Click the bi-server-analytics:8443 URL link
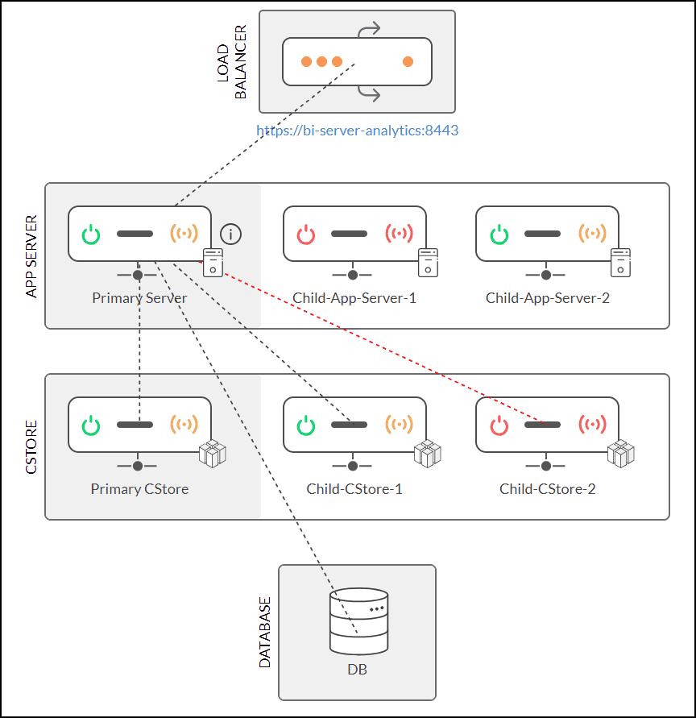point(357,130)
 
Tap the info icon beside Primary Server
point(231,234)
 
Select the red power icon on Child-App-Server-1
point(307,234)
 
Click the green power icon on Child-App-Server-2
point(499,234)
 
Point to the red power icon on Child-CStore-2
point(499,425)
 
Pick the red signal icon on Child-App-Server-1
point(399,234)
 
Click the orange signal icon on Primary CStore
point(184,425)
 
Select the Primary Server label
point(139,298)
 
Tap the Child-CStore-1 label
point(354,489)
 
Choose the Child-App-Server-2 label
point(547,298)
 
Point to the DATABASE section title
point(265,633)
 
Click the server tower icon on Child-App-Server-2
point(619,262)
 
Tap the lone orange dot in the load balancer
point(408,61)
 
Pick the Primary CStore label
point(139,489)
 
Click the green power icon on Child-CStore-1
point(307,425)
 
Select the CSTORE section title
point(32,446)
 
